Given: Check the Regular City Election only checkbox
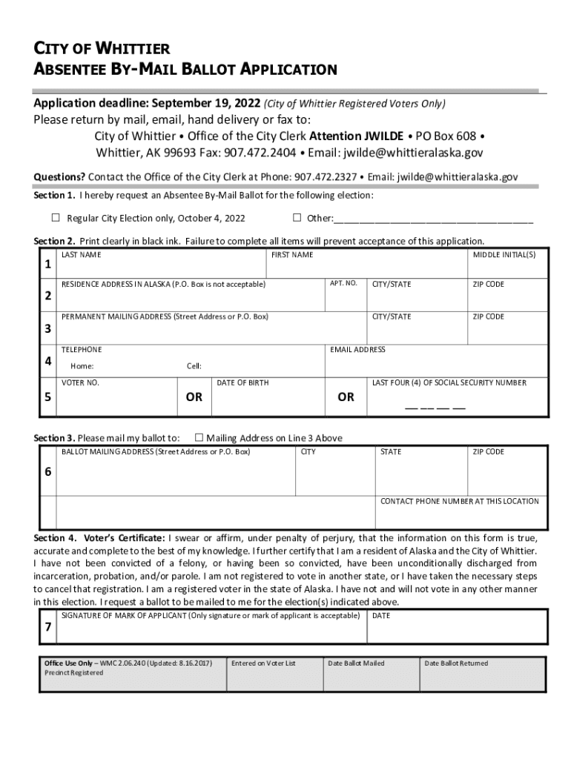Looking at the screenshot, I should (x=56, y=218).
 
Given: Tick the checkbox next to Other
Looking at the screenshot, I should (x=297, y=218).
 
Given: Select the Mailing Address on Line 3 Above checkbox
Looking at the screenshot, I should (x=199, y=437).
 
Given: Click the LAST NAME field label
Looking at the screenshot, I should (x=82, y=255).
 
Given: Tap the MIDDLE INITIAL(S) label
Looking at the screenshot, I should (x=504, y=255).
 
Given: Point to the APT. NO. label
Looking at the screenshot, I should (x=343, y=283).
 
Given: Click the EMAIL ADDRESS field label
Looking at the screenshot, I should (x=357, y=350).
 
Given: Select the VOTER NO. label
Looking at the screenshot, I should (x=80, y=382).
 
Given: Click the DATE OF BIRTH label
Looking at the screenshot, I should (x=242, y=382).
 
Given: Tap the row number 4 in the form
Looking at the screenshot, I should (x=47, y=362).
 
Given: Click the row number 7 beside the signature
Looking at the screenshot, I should (x=47, y=628).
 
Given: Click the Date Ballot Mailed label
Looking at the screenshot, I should (x=356, y=663).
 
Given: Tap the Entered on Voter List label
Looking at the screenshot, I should (x=263, y=663).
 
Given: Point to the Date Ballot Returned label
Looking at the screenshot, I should (x=456, y=663).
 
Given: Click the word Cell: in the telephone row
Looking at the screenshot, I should (x=194, y=366).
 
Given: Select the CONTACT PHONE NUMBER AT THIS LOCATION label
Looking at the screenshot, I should (x=459, y=501).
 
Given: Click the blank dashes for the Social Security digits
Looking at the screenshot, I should (x=435, y=408).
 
